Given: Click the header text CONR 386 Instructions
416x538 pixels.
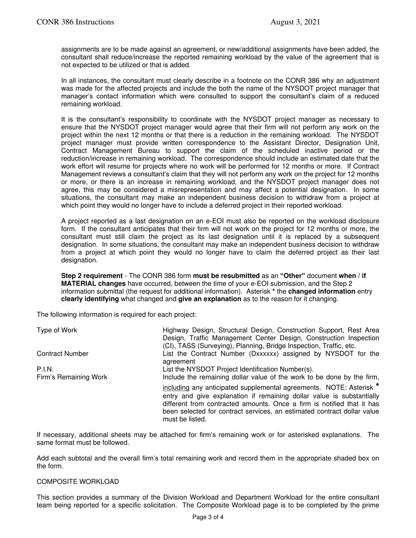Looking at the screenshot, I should (75, 22).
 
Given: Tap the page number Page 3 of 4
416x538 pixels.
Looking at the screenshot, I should (208, 517).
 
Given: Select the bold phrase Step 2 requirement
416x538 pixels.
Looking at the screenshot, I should (92, 276).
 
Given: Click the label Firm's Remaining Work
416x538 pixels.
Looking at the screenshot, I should (72, 377).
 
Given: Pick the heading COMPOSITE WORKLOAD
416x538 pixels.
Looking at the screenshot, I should (78, 482).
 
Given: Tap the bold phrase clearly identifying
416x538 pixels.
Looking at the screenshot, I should (90, 299).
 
